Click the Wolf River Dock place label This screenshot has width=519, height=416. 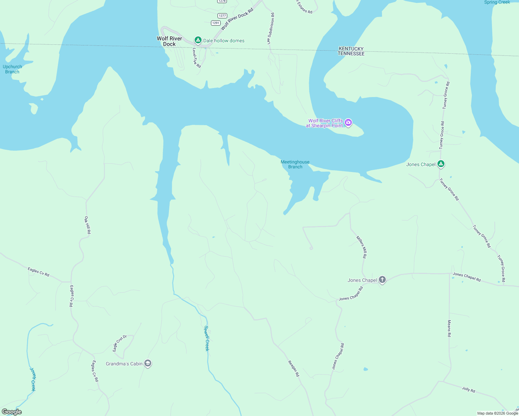pos(169,41)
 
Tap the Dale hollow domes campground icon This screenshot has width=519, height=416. pos(198,41)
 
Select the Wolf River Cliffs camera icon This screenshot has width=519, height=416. pos(349,122)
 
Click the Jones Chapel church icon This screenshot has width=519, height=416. pos(382,280)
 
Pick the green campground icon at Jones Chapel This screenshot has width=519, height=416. pos(441,164)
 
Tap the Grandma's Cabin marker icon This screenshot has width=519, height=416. pos(148,363)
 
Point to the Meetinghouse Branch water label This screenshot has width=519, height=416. pos(295,164)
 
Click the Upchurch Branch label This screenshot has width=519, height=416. pos(12,69)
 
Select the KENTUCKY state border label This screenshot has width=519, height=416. pos(351,49)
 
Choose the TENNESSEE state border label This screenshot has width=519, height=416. pos(351,54)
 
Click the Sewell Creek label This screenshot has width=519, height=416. pos(207,338)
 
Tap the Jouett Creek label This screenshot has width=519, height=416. pos(33,379)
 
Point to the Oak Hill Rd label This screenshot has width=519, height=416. pos(87,225)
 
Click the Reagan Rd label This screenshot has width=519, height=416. pos(293,368)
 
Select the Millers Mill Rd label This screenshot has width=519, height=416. pos(361,247)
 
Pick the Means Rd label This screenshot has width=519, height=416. pos(449,328)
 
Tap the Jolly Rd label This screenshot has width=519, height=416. pos(468,389)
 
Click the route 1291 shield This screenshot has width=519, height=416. pos(216,23)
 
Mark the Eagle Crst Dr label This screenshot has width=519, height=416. pos(120,343)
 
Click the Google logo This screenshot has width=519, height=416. pos(12,412)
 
